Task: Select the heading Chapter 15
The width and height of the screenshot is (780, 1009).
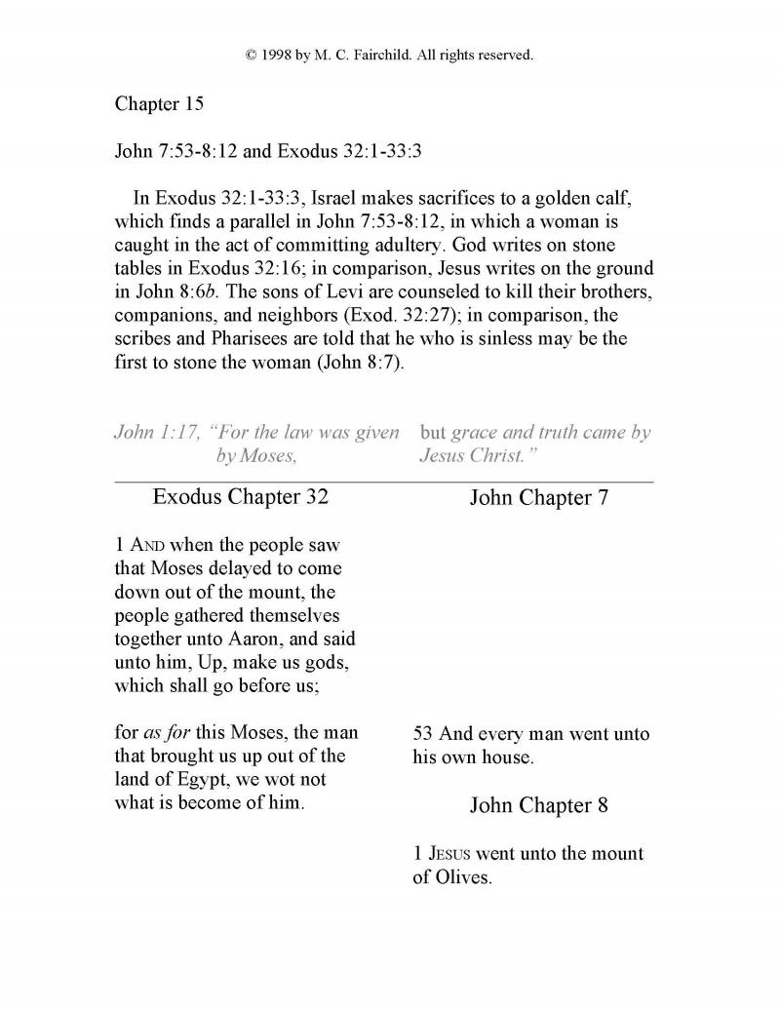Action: click(x=159, y=104)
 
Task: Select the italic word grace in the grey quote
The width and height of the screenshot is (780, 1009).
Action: click(x=476, y=433)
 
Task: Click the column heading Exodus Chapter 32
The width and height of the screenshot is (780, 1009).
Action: click(x=241, y=497)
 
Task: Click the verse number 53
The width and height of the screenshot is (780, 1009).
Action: click(x=423, y=734)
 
